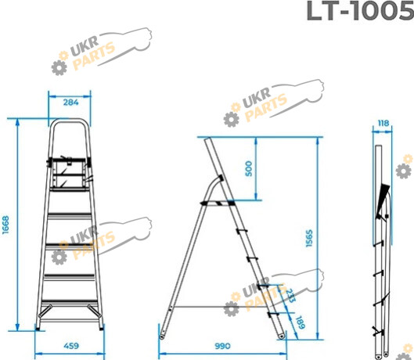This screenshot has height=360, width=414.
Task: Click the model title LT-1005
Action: pyautogui.click(x=360, y=11)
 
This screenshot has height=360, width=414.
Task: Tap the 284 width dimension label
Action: pyautogui.click(x=70, y=103)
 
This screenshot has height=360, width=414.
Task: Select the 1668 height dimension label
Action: pyautogui.click(x=5, y=225)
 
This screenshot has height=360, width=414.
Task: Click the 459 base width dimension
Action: pyautogui.click(x=71, y=345)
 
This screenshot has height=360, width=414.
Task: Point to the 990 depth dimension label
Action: pyautogui.click(x=222, y=346)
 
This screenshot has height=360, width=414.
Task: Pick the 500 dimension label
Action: pyautogui.click(x=248, y=168)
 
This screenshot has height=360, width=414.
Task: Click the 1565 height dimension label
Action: pyautogui.click(x=309, y=238)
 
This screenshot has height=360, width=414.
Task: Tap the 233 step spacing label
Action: pyautogui.click(x=290, y=295)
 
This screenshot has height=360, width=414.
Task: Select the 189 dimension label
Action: pyautogui.click(x=300, y=322)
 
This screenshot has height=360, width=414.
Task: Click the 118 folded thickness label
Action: pyautogui.click(x=383, y=123)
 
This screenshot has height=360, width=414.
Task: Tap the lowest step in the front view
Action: pyautogui.click(x=69, y=301)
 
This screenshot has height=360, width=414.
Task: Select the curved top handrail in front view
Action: pyautogui.click(x=70, y=120)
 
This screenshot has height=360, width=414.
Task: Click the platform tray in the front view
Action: pyautogui.click(x=69, y=174)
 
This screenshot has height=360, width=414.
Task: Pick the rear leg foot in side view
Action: pyautogui.click(x=161, y=337)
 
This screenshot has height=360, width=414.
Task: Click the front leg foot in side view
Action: pyautogui.click(x=282, y=336)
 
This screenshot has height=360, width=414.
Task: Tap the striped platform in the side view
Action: pyautogui.click(x=218, y=203)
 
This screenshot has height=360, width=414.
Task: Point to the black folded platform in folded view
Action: pyautogui.click(x=383, y=202)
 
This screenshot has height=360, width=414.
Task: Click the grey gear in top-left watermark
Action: pyautogui.click(x=59, y=67)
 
